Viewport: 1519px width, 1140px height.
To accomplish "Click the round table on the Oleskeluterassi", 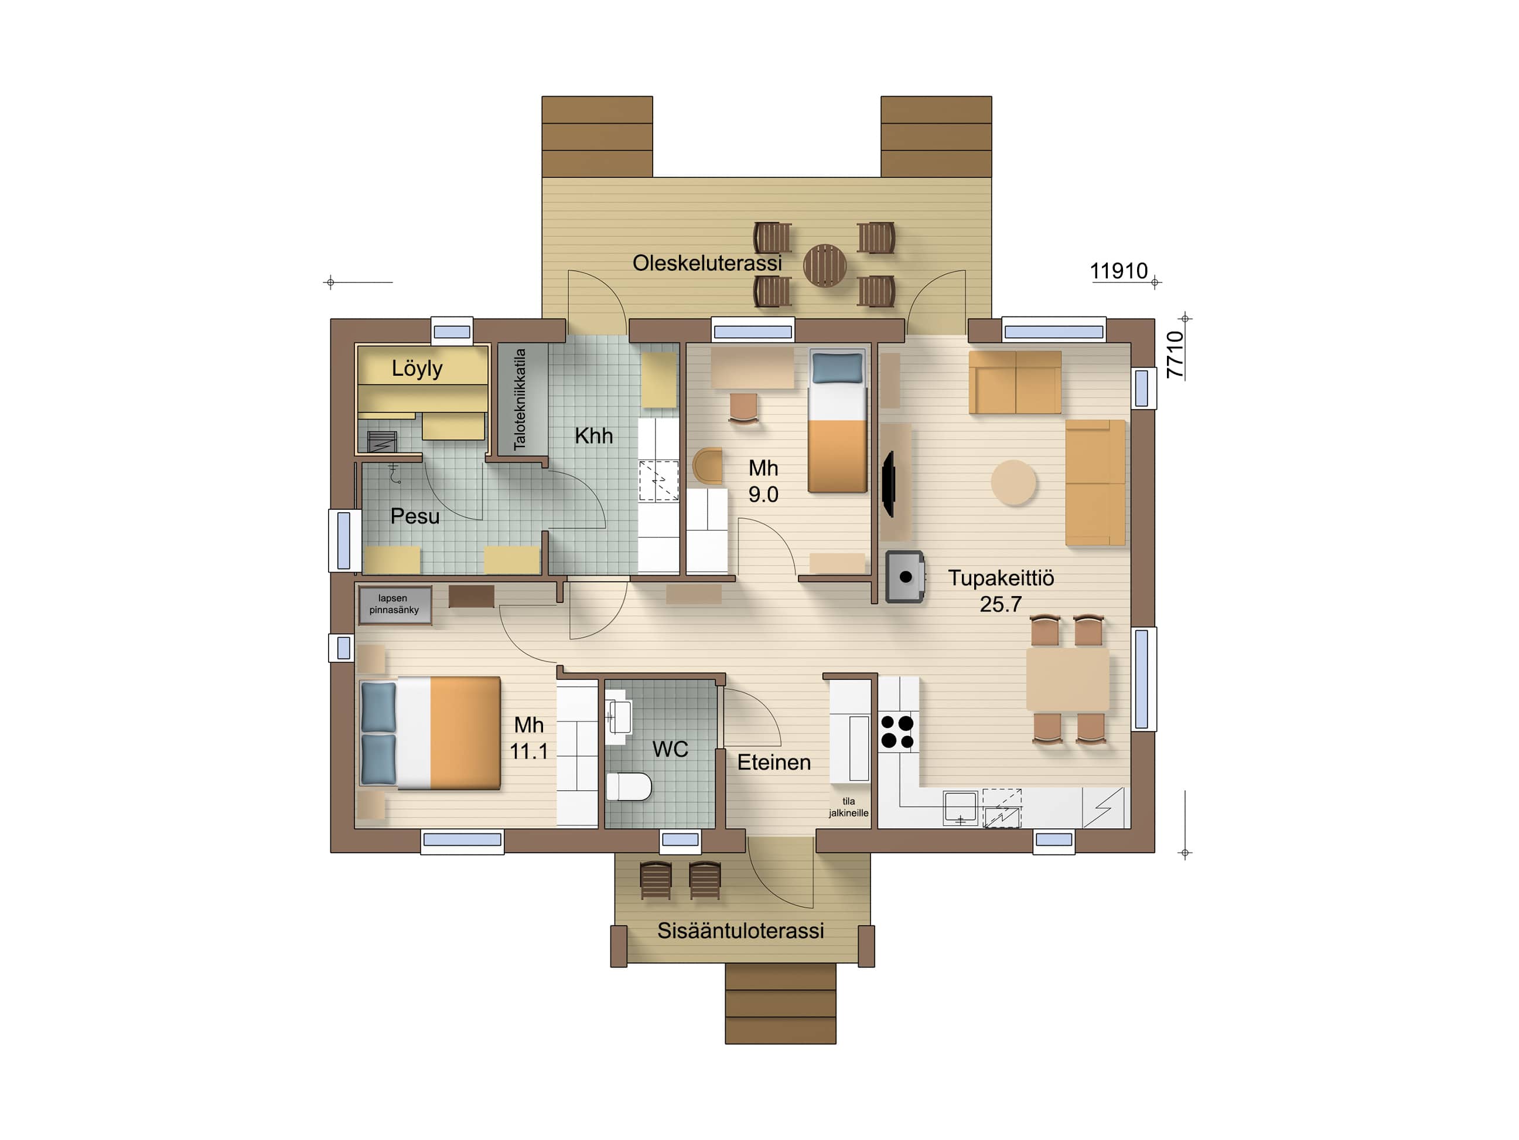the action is pyautogui.click(x=825, y=266).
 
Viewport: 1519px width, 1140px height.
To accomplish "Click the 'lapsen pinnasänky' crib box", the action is pyautogui.click(x=395, y=605).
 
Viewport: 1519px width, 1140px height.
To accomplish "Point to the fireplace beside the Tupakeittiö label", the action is pyautogui.click(x=904, y=577).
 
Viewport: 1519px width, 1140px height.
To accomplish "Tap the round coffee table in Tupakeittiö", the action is pyautogui.click(x=1013, y=482).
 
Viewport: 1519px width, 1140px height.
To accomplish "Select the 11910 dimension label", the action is pyautogui.click(x=1119, y=271).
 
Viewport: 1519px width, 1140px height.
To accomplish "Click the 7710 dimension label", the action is pyautogui.click(x=1175, y=355).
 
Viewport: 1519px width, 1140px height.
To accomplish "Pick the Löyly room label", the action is pyautogui.click(x=417, y=369).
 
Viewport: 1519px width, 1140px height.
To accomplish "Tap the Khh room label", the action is pyautogui.click(x=593, y=435).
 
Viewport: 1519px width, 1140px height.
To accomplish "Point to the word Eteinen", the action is pyautogui.click(x=774, y=762).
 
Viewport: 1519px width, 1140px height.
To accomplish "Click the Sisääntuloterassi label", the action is pyautogui.click(x=740, y=930).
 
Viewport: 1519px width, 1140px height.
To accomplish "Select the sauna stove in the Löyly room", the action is pyautogui.click(x=383, y=441).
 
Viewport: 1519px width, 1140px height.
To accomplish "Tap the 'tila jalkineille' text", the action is pyautogui.click(x=849, y=806).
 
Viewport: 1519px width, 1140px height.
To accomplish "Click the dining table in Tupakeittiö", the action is pyautogui.click(x=1067, y=679).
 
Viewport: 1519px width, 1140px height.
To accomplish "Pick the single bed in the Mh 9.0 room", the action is pyautogui.click(x=837, y=421).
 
